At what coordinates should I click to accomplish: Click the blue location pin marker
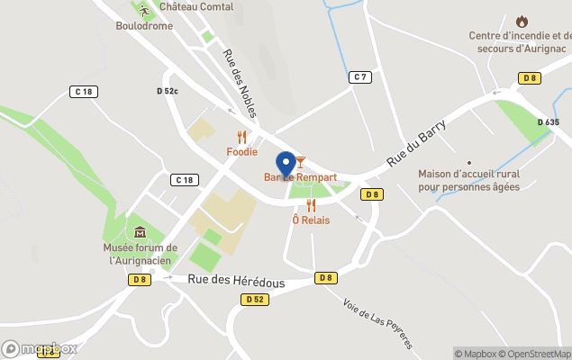click(x=286, y=164)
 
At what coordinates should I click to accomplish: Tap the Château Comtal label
click(x=195, y=7)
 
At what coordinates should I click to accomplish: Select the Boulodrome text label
click(x=143, y=26)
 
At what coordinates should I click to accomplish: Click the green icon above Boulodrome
click(x=143, y=10)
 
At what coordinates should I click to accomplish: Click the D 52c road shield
click(x=168, y=91)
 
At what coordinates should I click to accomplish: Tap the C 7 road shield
click(x=360, y=77)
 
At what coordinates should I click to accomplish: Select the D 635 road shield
click(x=549, y=122)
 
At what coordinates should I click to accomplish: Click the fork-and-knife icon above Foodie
click(x=241, y=137)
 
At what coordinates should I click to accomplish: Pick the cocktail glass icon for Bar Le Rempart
click(x=300, y=162)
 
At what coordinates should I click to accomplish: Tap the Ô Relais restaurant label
click(x=310, y=220)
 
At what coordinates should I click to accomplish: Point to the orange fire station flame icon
click(x=522, y=21)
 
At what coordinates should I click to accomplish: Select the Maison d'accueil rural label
click(x=468, y=180)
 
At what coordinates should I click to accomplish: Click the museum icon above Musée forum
click(x=140, y=232)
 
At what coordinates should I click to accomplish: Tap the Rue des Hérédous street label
click(x=236, y=282)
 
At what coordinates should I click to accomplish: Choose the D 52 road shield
click(x=256, y=300)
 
